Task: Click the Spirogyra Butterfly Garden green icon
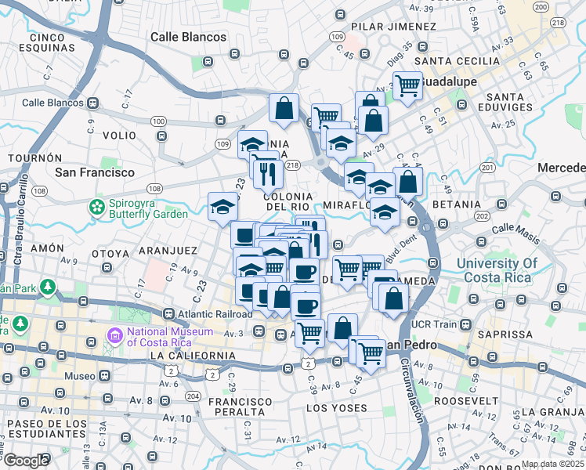97,207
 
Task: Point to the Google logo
25,460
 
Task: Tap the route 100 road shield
159,121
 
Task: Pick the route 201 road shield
488,168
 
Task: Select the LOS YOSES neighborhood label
336,408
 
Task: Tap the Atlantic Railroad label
215,315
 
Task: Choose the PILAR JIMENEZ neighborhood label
383,26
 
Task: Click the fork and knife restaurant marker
266,172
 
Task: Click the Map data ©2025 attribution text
552,464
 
